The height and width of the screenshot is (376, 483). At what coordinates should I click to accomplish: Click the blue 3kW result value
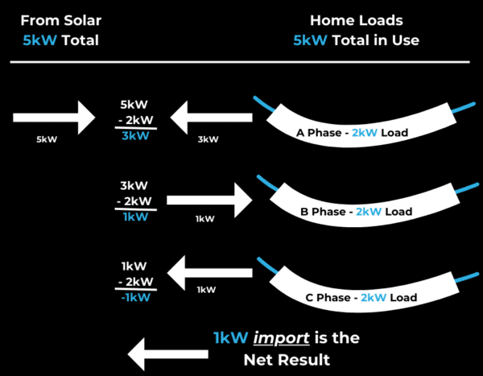pos(135,136)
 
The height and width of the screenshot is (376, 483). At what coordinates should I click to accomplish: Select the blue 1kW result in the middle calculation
pos(135,217)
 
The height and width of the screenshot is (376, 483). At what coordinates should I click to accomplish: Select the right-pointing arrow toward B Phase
pos(208,197)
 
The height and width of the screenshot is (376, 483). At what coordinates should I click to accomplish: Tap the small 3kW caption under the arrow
pos(208,139)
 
